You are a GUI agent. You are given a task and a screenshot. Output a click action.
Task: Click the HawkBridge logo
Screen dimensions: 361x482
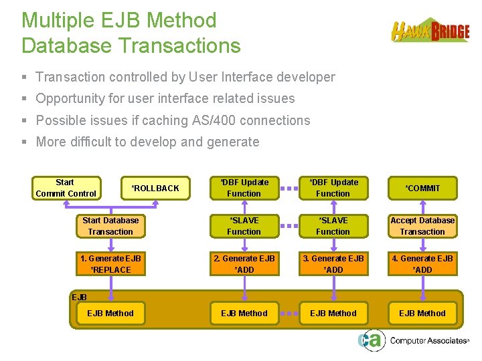[x=430, y=31]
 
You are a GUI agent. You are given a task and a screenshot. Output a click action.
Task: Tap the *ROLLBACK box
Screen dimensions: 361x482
[x=155, y=189]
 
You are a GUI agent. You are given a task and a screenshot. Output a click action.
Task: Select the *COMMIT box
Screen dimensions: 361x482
[x=422, y=189]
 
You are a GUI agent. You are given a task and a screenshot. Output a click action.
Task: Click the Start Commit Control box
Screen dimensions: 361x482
[x=66, y=188]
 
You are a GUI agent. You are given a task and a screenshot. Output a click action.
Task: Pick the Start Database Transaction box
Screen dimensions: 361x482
[x=110, y=226]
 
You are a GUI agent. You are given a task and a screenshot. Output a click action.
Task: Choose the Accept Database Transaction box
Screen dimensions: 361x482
[x=422, y=226]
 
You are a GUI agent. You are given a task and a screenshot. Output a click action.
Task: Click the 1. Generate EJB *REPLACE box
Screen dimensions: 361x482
[x=110, y=264]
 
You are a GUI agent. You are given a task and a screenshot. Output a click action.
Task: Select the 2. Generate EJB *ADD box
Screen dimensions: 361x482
[x=244, y=264]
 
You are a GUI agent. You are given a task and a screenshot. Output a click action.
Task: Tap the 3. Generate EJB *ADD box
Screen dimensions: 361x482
[x=333, y=264]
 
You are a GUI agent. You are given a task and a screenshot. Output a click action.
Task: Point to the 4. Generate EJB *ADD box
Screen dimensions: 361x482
[x=422, y=264]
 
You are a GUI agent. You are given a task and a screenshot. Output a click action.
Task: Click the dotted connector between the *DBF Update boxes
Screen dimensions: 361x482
[x=289, y=189]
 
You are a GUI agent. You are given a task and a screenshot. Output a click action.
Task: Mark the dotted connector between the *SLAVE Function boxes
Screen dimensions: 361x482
[x=289, y=226]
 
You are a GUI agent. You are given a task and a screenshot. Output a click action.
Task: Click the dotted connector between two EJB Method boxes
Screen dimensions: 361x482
[x=289, y=313]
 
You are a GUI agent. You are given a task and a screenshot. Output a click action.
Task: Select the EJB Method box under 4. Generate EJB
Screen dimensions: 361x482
[x=422, y=313]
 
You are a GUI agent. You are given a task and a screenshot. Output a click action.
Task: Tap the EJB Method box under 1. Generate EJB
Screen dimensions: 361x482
[x=110, y=313]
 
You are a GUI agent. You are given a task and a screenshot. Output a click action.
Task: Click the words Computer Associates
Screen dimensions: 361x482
[x=428, y=341]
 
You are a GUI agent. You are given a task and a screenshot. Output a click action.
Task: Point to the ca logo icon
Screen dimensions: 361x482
[x=370, y=340]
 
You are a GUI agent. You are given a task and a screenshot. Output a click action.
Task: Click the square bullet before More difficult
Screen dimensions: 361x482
[x=25, y=142]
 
